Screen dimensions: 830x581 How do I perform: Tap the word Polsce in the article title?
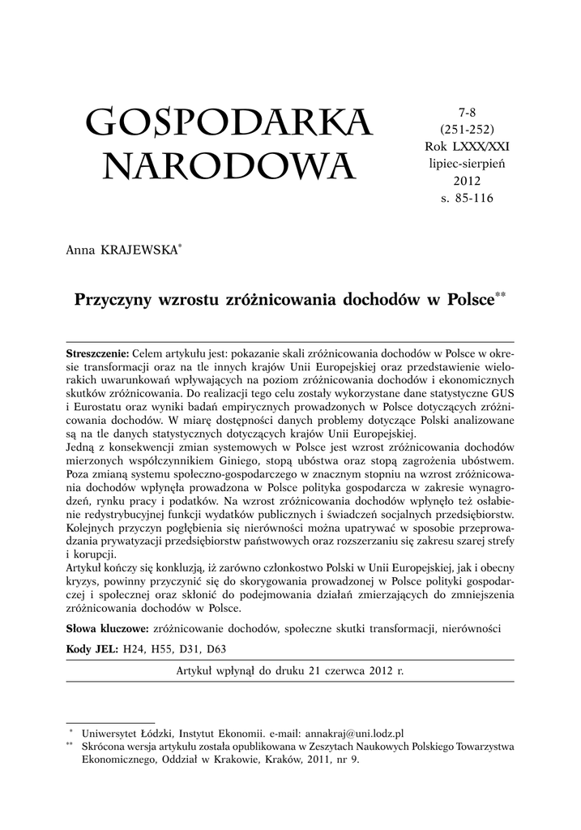click(x=470, y=300)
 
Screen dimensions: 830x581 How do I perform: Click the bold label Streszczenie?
click(x=97, y=354)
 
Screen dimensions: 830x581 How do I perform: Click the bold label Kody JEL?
click(x=92, y=649)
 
